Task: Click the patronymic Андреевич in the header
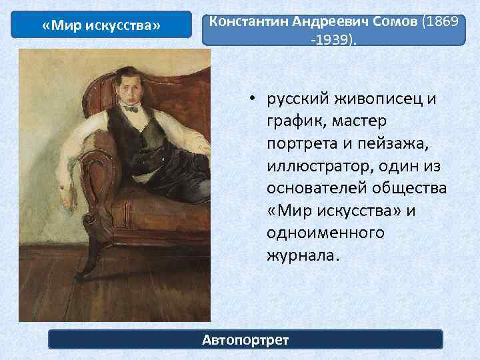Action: tap(321, 21)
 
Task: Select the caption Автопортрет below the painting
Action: tap(245, 340)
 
